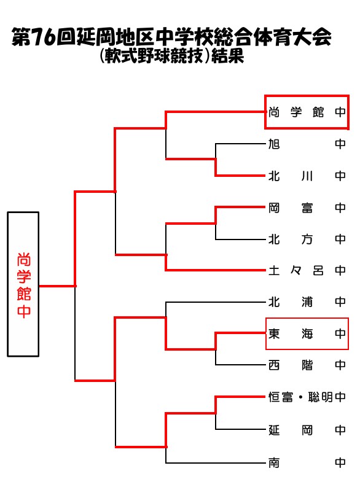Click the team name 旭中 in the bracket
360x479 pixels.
point(307,144)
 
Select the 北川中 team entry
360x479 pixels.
point(307,176)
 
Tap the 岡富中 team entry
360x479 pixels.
point(307,208)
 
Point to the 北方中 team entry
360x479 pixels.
point(307,240)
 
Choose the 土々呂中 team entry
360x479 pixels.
point(307,270)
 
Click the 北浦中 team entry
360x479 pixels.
point(307,302)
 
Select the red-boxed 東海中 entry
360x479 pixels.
point(307,333)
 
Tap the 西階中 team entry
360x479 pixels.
point(307,365)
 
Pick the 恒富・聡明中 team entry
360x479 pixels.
point(307,397)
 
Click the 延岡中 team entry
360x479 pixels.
point(307,430)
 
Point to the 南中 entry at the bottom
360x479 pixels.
point(307,463)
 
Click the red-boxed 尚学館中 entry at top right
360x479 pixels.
point(307,112)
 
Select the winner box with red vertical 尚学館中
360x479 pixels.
point(23,284)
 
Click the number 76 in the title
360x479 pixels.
point(44,37)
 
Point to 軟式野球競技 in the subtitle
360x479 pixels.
point(154,56)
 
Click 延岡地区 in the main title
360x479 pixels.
point(115,37)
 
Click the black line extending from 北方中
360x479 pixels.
point(240,240)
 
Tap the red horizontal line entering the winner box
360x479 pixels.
point(57,286)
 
